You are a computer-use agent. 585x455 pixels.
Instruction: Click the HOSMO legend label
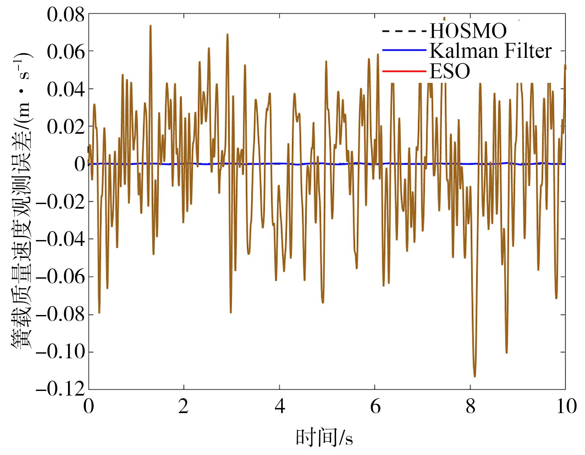click(468, 31)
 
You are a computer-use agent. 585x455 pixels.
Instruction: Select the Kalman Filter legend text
click(491, 51)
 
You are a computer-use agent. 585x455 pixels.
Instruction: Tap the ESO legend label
click(450, 71)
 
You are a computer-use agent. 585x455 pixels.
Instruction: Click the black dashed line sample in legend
click(404, 31)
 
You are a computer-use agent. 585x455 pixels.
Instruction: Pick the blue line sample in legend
click(404, 50)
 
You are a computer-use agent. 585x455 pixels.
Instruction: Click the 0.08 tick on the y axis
click(66, 15)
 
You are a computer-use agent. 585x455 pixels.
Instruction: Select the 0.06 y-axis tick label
click(66, 52)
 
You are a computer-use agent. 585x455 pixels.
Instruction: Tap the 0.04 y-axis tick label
click(66, 89)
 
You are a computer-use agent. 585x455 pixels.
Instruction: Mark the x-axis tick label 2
click(184, 406)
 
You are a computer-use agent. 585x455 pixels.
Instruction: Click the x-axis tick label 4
click(280, 406)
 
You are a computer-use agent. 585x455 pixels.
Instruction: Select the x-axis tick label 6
click(375, 406)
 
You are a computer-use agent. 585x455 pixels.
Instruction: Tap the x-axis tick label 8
click(470, 406)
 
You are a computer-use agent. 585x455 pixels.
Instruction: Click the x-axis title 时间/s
click(324, 438)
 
